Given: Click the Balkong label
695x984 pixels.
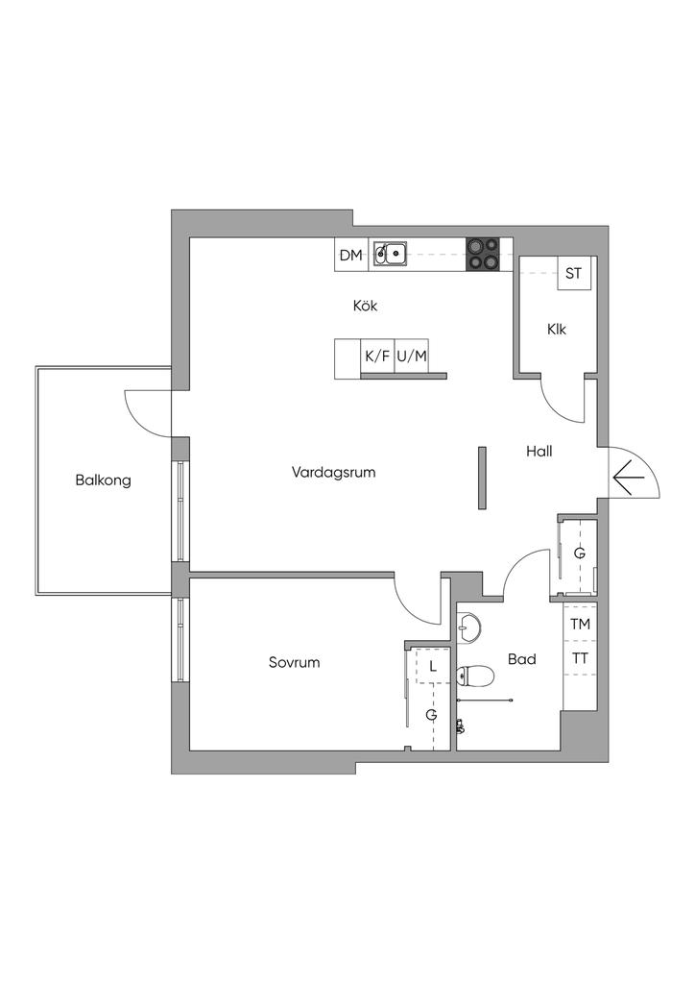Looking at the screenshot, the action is click(x=103, y=480).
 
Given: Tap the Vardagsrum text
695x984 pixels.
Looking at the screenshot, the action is click(x=333, y=472).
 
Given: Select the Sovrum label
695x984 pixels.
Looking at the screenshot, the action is click(x=294, y=662).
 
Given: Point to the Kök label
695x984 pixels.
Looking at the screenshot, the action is click(x=366, y=306).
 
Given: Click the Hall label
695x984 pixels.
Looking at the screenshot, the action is click(x=539, y=451).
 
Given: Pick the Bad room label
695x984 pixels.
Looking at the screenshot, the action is click(x=521, y=659).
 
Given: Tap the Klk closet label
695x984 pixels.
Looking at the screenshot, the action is click(x=557, y=329).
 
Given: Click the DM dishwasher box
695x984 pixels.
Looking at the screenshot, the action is click(x=351, y=256).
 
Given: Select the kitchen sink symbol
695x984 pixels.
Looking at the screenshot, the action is click(x=390, y=254).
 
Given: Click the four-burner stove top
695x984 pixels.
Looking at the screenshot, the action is click(x=483, y=255).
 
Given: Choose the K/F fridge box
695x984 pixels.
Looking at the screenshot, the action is click(x=378, y=357).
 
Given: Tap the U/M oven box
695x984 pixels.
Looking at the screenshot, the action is click(x=412, y=357).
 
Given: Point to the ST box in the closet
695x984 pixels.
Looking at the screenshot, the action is click(x=573, y=274).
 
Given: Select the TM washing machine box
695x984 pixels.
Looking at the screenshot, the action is click(x=581, y=625).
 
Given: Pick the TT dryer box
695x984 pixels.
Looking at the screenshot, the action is click(x=581, y=658).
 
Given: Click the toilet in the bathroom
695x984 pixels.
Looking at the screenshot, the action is click(x=476, y=676).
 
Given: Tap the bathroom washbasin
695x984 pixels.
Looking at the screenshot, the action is click(x=469, y=628).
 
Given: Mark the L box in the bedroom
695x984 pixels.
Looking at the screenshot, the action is click(x=433, y=666).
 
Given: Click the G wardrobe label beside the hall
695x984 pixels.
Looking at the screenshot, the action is click(x=580, y=553).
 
